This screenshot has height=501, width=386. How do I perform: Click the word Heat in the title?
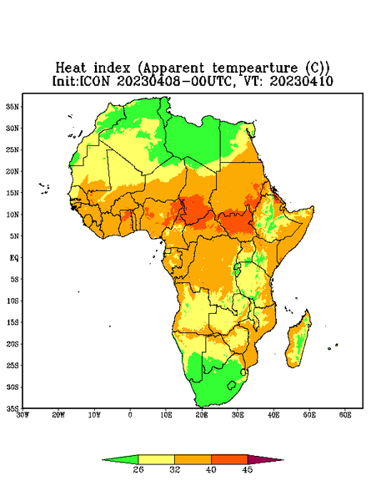[x=71, y=68]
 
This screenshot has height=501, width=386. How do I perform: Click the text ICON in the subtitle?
[x=94, y=81]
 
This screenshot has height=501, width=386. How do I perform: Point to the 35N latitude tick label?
[x=13, y=106]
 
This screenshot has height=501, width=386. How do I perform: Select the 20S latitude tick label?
[x=13, y=344]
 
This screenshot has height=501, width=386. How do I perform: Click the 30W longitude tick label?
[x=23, y=415]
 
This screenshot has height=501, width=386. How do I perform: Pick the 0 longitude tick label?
[x=130, y=415]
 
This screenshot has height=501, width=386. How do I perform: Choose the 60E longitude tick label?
[x=345, y=415]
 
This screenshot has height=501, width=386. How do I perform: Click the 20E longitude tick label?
[x=202, y=415]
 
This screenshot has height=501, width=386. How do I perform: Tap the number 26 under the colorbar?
[x=138, y=469]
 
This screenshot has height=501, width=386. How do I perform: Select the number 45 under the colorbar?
[x=248, y=469]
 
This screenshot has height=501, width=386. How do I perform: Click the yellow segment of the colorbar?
[x=156, y=459]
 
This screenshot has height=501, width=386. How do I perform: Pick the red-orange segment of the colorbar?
[x=229, y=459]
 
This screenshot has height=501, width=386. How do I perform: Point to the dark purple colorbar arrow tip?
[x=283, y=460]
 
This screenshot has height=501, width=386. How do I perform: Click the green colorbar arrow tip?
[x=103, y=460]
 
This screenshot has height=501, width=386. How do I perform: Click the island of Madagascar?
[x=298, y=341]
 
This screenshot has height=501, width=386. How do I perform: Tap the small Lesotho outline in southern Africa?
[x=231, y=385]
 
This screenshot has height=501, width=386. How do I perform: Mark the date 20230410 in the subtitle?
[x=302, y=81]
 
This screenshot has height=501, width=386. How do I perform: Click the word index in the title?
[x=112, y=68]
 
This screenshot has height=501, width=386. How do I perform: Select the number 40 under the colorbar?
[x=211, y=469]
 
